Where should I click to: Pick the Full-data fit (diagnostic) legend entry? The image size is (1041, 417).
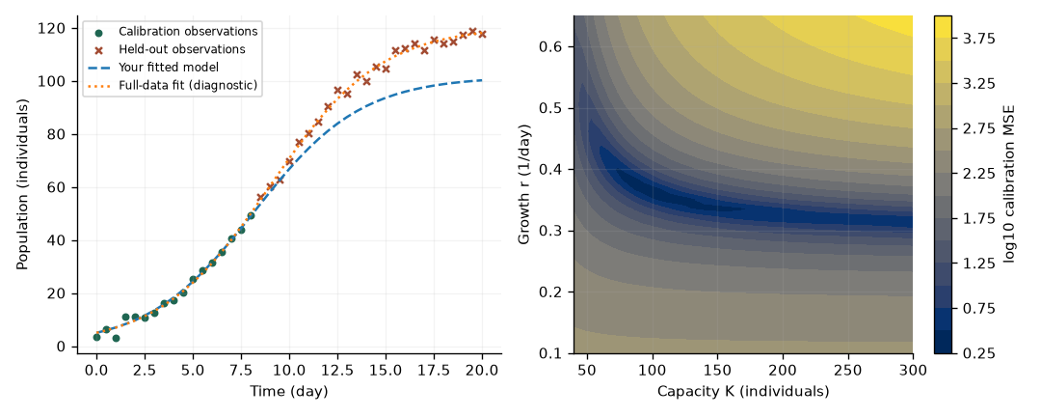coord(173,85)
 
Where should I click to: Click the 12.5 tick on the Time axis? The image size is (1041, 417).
coord(337,368)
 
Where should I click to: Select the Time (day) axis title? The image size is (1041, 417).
coord(289,392)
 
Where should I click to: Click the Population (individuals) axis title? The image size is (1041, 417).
coord(22,184)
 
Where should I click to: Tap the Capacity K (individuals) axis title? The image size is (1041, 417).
coord(743,392)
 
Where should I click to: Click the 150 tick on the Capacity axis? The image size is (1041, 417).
coord(717,368)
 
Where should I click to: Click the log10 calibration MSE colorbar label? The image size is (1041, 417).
coord(1011,184)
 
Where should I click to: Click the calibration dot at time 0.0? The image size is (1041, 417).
coord(97,337)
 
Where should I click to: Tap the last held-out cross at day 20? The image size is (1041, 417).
coord(482,34)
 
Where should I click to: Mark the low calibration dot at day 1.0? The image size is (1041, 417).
coord(117,339)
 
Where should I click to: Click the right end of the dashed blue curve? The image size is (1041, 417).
coord(482,80)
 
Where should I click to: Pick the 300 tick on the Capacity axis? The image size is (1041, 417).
coord(913,368)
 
